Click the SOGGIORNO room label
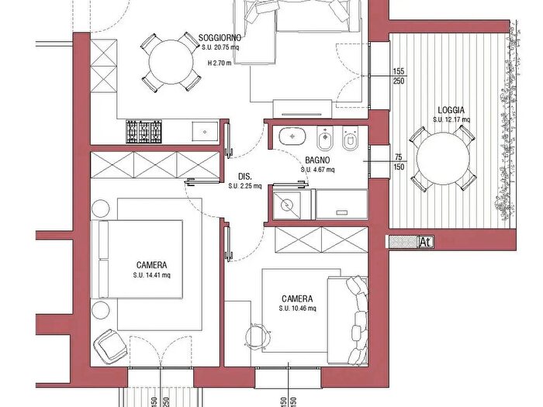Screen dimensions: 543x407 (x=220, y=37)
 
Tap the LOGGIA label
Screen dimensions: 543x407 (x=451, y=110)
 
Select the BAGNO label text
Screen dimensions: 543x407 (x=317, y=160)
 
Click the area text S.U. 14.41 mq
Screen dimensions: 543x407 (x=152, y=275)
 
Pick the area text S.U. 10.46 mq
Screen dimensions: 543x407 (x=297, y=309)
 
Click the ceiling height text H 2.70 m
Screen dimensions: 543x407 (x=220, y=63)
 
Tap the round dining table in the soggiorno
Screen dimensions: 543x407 (x=171, y=62)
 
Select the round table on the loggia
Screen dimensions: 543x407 (x=443, y=158)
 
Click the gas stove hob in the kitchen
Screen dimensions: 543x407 (x=144, y=131)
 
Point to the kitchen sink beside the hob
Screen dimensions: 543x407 (x=205, y=132)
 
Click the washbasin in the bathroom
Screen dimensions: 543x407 (x=292, y=136)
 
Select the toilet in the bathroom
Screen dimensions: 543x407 (x=350, y=139)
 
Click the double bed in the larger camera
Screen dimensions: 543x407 (x=137, y=259)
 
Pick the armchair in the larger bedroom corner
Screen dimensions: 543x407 (x=110, y=347)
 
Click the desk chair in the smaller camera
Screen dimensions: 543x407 (x=258, y=335)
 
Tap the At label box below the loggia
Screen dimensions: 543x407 (x=426, y=242)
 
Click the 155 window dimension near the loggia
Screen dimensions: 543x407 (x=398, y=71)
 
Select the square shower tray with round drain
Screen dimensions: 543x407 (x=287, y=205)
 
